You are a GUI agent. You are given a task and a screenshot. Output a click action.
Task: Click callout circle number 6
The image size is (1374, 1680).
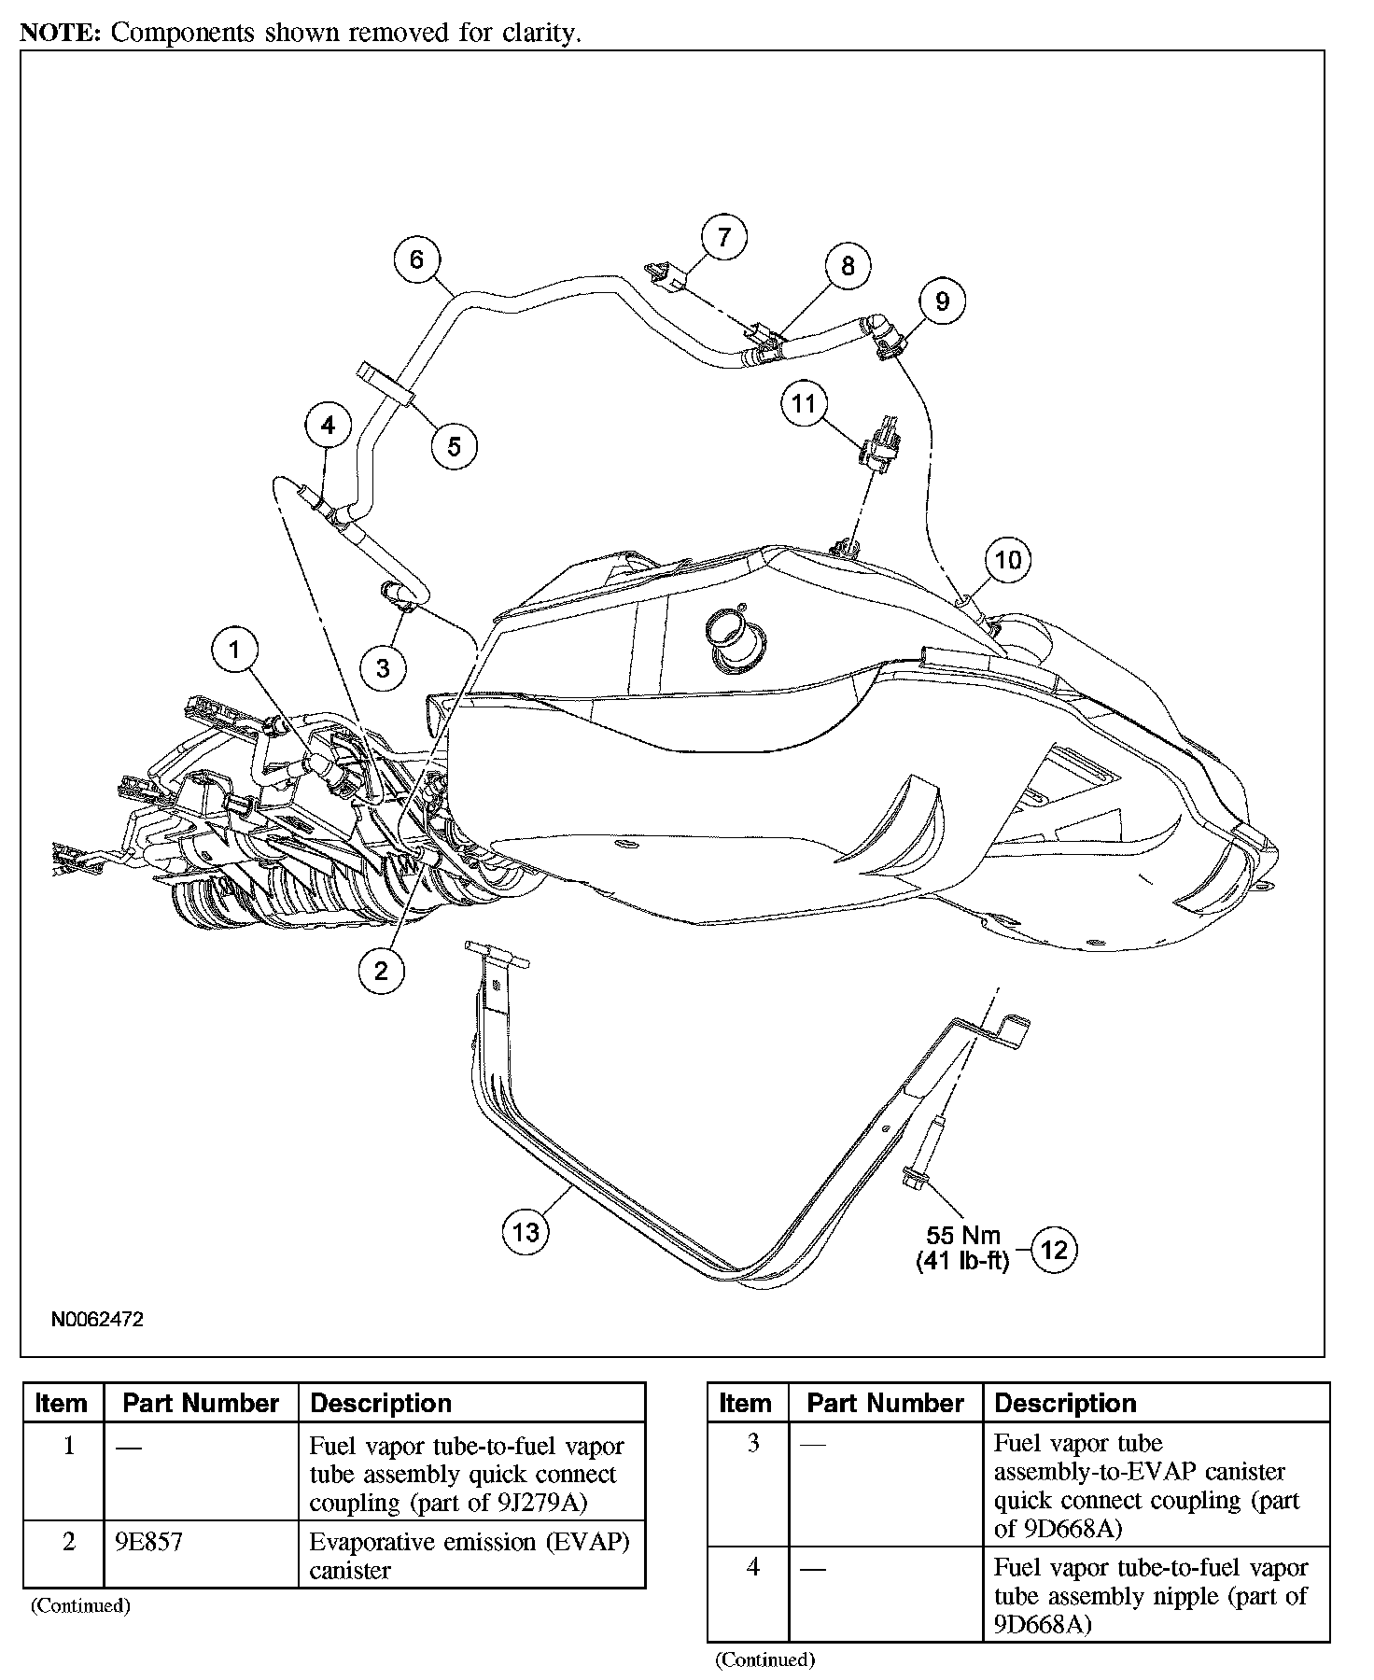click(416, 259)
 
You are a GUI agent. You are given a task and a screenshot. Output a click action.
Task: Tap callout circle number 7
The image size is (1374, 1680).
click(724, 237)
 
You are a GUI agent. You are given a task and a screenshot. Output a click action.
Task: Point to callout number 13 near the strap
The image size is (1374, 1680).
click(526, 1233)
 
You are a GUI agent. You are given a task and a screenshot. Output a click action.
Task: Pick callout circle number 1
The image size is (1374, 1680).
click(234, 650)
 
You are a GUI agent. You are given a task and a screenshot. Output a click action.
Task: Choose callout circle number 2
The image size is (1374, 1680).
click(381, 972)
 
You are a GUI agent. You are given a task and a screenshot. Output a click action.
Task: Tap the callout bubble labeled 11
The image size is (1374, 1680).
click(804, 404)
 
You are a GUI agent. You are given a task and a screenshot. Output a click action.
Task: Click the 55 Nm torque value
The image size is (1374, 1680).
click(964, 1235)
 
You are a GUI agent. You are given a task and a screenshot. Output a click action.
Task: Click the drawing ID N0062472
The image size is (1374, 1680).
click(97, 1320)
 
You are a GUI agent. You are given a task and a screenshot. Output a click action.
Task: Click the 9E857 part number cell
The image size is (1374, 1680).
click(148, 1541)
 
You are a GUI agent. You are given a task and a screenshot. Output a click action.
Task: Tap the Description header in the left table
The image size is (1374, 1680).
click(381, 1403)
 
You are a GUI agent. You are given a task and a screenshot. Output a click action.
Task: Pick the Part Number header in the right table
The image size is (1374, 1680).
click(885, 1403)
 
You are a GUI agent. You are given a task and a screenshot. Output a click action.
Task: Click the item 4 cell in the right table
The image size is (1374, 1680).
click(753, 1567)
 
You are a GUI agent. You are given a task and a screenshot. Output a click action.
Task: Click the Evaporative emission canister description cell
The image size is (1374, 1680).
click(470, 1555)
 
